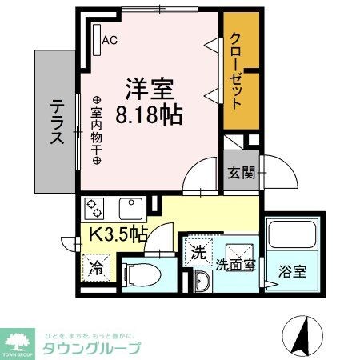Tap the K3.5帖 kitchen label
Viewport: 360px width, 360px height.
pos(117,234)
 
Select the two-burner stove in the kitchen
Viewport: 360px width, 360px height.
pos(94,209)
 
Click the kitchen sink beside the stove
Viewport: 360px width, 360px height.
pos(130,209)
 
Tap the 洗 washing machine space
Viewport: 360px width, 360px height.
pos(198,253)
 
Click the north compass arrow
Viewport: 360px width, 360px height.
pos(302,334)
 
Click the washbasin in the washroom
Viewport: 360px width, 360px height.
pos(201,281)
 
